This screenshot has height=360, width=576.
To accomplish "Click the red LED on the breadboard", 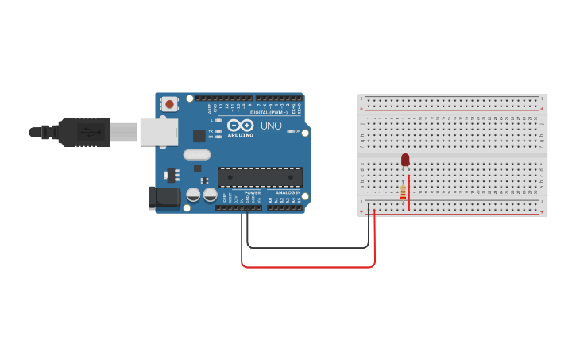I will (x=405, y=160).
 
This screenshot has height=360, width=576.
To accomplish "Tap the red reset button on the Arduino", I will (x=169, y=103).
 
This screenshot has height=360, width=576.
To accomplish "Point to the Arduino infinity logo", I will (x=239, y=126).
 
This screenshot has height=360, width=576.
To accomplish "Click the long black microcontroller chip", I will (x=260, y=177).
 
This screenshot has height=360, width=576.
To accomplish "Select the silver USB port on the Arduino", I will (x=159, y=132).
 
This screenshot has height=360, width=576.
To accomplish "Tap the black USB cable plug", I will (x=83, y=132).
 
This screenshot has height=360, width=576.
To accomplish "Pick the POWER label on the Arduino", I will (x=252, y=192).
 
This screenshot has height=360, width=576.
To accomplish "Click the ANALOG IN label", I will (x=288, y=192).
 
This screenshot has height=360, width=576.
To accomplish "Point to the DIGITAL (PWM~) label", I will (x=270, y=112).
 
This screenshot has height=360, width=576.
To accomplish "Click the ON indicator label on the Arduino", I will (x=298, y=131).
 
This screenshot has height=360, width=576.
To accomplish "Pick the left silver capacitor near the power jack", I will (x=193, y=194).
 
